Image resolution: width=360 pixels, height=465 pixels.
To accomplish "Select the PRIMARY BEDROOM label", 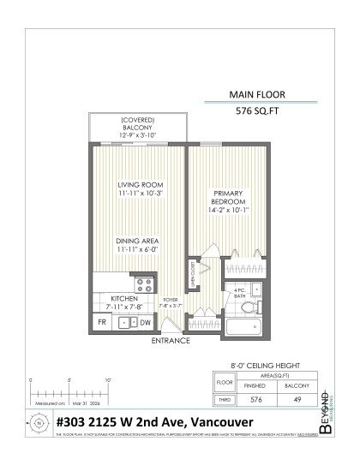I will (229, 200).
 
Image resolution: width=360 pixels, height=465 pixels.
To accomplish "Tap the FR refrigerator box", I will (102, 322).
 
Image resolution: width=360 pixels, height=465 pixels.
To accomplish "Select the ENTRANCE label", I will (171, 341).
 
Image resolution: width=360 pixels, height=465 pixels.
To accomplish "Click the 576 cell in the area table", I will (254, 398).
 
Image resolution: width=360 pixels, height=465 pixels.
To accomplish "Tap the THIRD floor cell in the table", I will (224, 398).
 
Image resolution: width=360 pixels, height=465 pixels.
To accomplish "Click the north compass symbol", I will (39, 422).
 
